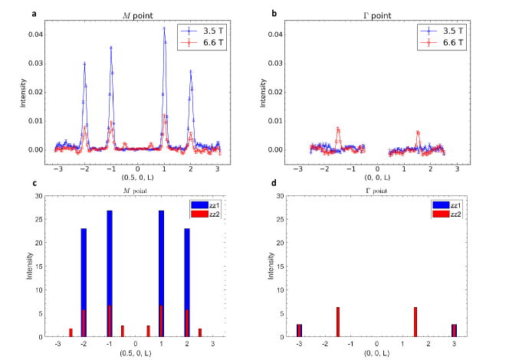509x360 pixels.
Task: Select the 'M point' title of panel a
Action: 137,15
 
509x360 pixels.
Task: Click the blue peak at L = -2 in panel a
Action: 84,65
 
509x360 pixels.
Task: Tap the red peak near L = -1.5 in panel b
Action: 337,129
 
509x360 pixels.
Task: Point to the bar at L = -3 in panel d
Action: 300,330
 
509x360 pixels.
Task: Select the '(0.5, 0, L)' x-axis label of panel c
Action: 136,352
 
